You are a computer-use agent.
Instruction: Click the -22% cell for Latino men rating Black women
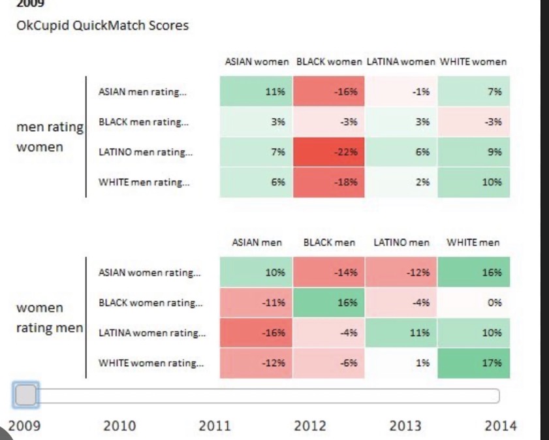pyautogui.click(x=328, y=152)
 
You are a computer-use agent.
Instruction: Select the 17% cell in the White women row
pyautogui.click(x=473, y=363)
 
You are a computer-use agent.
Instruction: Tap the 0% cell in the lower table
pyautogui.click(x=473, y=302)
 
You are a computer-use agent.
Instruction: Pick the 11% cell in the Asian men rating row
pyautogui.click(x=256, y=91)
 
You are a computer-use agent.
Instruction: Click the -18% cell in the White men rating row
pyautogui.click(x=328, y=182)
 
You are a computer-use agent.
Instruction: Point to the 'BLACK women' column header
pyautogui.click(x=329, y=62)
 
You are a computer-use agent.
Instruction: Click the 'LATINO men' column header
pyautogui.click(x=401, y=243)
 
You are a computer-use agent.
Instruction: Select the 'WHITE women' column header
pyautogui.click(x=473, y=62)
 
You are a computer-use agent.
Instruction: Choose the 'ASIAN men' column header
pyautogui.click(x=257, y=243)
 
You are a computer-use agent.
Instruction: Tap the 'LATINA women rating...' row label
pyautogui.click(x=152, y=333)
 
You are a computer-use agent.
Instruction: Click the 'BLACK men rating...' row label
pyautogui.click(x=144, y=122)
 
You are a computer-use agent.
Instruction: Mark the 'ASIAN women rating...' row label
pyautogui.click(x=149, y=272)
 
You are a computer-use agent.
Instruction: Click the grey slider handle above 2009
pyautogui.click(x=26, y=395)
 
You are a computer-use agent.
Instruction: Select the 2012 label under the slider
pyautogui.click(x=310, y=426)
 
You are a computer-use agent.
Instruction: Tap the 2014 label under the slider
pyautogui.click(x=500, y=426)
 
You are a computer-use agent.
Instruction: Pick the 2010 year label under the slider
pyautogui.click(x=119, y=426)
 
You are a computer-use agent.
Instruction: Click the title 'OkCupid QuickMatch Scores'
pyautogui.click(x=102, y=25)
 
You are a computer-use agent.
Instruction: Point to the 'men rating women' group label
pyautogui.click(x=50, y=137)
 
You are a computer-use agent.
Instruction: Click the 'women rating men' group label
pyautogui.click(x=50, y=318)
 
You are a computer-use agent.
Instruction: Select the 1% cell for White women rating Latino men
pyautogui.click(x=401, y=363)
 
